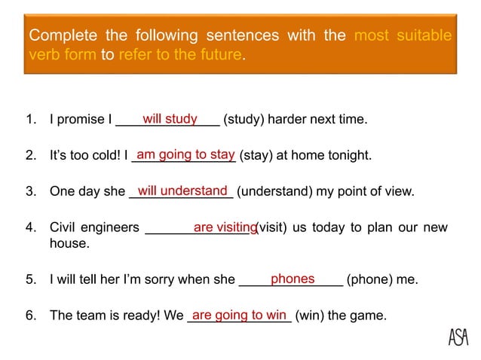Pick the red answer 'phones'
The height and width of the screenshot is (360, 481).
pyautogui.click(x=292, y=279)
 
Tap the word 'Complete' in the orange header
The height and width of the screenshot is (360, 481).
pyautogui.click(x=62, y=36)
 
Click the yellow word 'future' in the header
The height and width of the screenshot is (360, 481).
pyautogui.click(x=220, y=55)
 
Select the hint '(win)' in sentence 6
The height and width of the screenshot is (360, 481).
pyautogui.click(x=311, y=316)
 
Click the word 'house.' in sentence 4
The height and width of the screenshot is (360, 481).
pyautogui.click(x=69, y=244)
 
